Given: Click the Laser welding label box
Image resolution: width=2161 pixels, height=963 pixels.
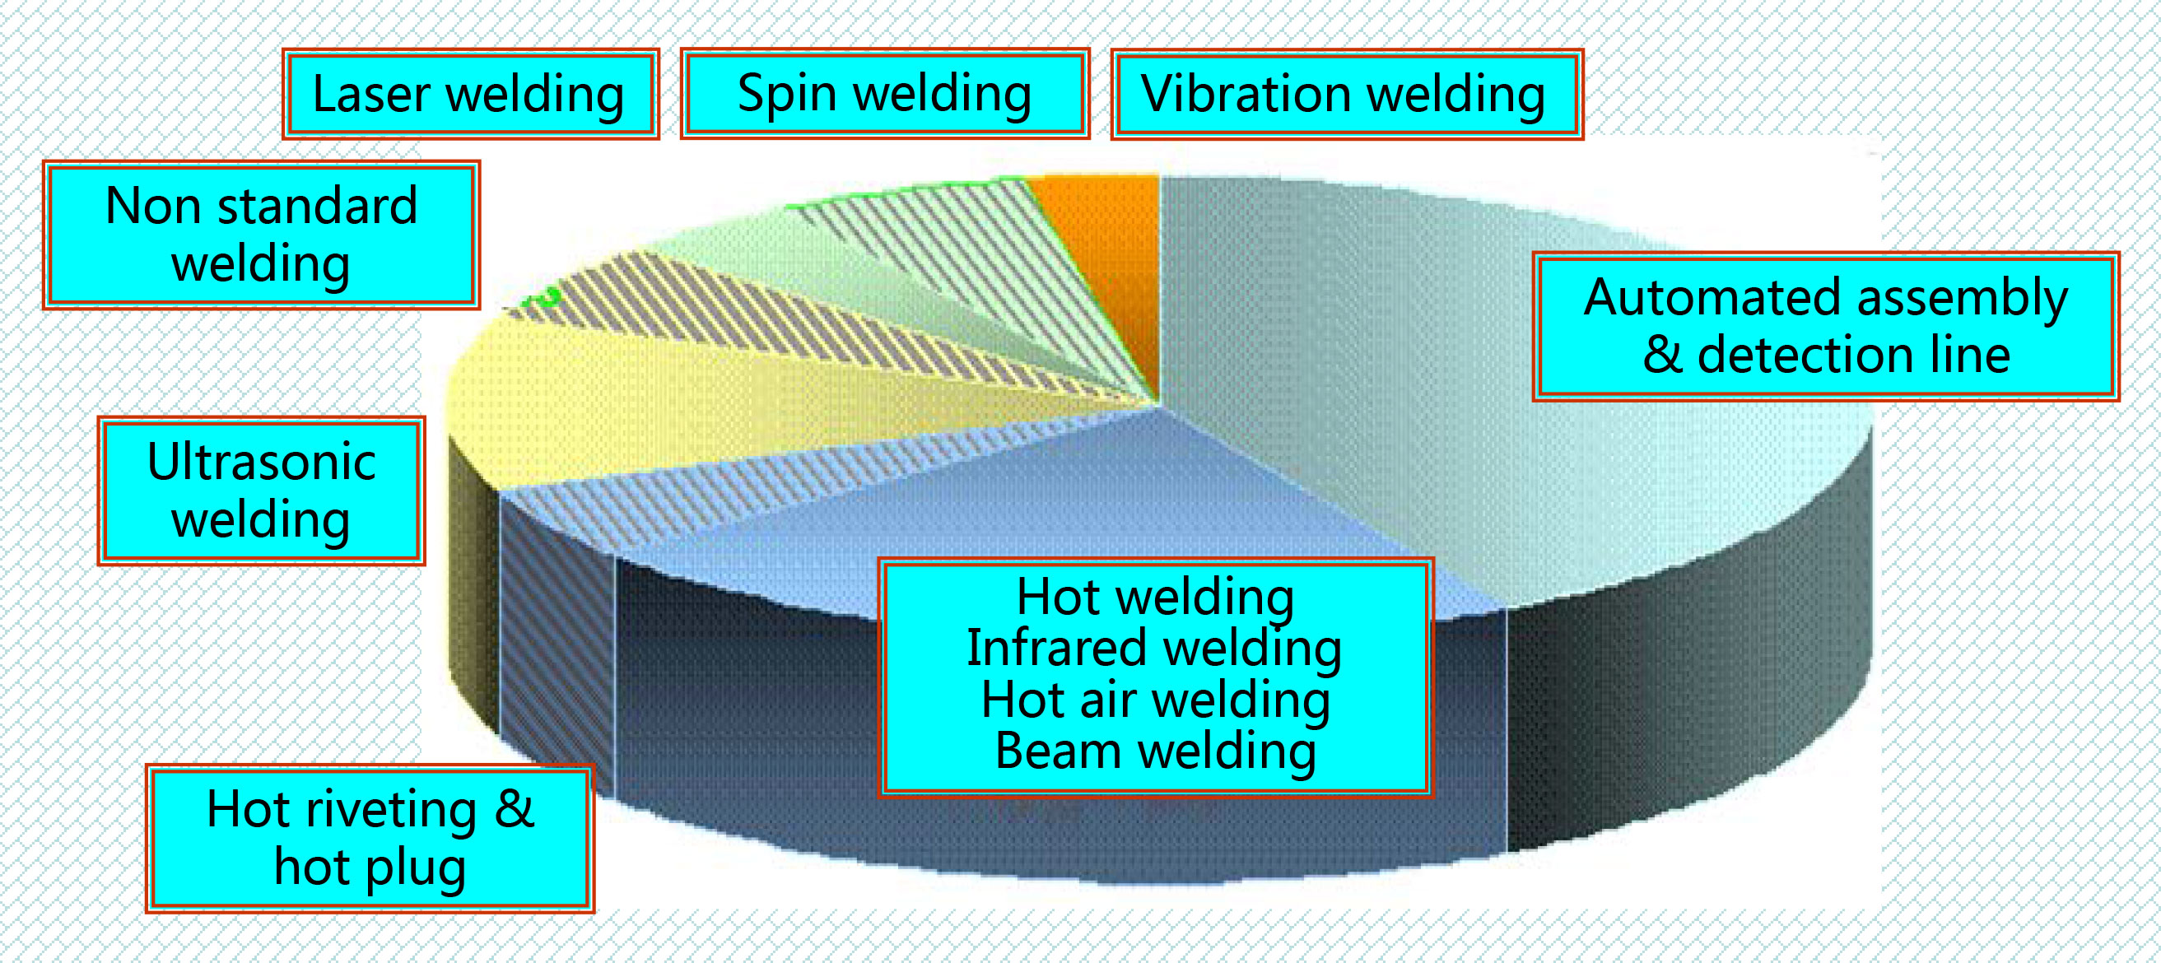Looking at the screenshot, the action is pos(471,94).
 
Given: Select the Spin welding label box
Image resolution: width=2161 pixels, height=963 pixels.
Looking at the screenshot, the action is pos(884,93).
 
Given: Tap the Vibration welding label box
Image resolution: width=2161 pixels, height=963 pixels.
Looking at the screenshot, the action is pos(1347,94).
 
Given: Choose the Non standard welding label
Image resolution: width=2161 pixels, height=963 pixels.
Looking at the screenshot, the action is pos(261,235).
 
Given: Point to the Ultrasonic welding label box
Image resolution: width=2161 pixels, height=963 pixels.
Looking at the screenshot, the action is pos(261,491).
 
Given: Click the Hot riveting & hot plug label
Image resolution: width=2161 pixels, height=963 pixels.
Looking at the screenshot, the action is pos(370,838).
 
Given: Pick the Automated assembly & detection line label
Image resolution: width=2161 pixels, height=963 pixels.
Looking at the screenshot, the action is pos(1825,326).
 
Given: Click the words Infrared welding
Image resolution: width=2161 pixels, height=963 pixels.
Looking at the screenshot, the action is pos(1154,649).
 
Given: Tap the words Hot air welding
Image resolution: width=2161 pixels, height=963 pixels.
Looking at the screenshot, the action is pos(1155,700).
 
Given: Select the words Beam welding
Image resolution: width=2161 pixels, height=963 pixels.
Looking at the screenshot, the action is pos(1155,751).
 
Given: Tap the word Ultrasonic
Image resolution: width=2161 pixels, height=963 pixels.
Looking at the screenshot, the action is pos(261,462).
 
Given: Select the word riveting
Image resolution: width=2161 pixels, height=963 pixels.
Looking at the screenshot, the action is pos(391,811).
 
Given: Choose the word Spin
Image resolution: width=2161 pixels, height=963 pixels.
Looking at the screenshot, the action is pos(786,94).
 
